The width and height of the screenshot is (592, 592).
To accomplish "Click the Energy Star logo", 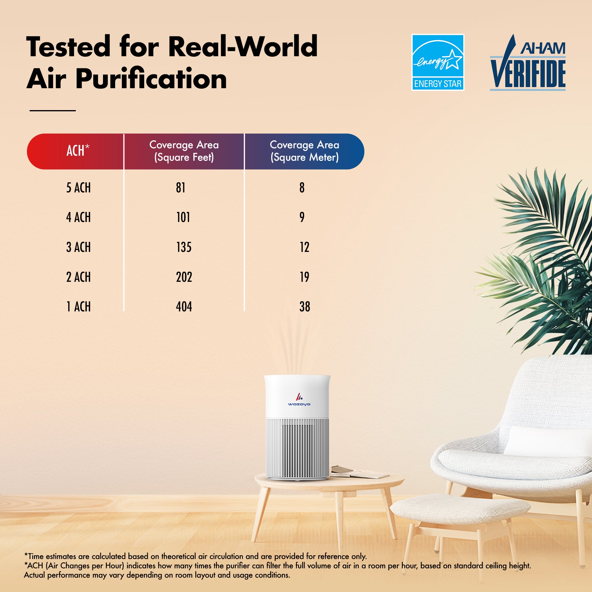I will (x=437, y=62).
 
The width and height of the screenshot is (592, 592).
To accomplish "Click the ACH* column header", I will (x=78, y=151).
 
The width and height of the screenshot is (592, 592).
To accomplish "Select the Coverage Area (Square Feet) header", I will (x=184, y=151).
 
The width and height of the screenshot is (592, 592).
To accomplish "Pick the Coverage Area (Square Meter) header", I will (x=304, y=151).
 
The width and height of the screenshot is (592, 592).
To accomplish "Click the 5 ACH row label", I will (x=78, y=188).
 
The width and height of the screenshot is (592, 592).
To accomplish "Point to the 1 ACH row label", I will (x=78, y=306).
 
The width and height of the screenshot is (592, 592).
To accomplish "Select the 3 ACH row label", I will (x=78, y=247).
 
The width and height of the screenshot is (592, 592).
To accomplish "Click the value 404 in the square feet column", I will (x=184, y=306).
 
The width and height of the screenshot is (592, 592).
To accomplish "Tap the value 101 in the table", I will (x=183, y=217).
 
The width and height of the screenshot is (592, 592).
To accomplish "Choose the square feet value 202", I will (x=184, y=277).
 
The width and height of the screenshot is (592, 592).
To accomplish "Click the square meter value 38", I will (x=305, y=306).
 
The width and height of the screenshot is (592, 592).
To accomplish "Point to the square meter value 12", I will (x=304, y=247).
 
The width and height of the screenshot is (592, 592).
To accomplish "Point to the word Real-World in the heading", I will (x=243, y=46).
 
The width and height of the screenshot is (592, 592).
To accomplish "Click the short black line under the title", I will (x=52, y=111).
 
